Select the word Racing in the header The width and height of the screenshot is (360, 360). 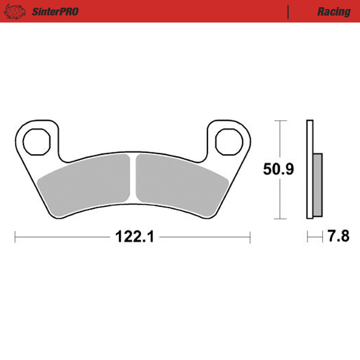point(334,11)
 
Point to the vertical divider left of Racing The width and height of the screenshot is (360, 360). point(289,11)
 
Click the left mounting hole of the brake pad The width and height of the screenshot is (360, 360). point(37,140)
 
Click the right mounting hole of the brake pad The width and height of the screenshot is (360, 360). point(229,140)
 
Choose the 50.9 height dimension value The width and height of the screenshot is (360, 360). point(278,170)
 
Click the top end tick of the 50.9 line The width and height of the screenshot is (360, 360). point(278,121)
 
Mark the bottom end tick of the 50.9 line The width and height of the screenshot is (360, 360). point(278,219)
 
